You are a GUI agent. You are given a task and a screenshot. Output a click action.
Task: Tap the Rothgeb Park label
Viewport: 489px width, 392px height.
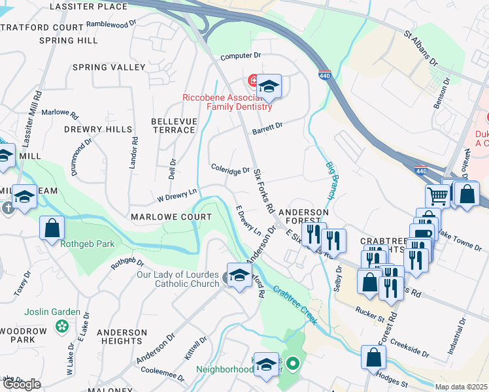88,244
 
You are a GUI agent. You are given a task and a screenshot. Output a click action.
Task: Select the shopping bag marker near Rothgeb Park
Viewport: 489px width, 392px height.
52,229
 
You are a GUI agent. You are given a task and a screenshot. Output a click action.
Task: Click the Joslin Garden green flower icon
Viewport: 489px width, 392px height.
62,325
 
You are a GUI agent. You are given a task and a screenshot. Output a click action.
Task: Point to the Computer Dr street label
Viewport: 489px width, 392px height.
241,57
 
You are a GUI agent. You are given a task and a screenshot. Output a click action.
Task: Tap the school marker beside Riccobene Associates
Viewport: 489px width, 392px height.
268,86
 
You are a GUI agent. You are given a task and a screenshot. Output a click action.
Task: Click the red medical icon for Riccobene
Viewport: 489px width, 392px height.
252,81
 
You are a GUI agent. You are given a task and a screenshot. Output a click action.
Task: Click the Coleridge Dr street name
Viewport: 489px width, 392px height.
230,170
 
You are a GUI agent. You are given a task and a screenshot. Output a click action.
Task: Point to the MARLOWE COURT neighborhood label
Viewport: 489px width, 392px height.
171,217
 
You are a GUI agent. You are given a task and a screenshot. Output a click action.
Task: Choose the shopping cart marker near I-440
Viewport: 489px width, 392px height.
437,195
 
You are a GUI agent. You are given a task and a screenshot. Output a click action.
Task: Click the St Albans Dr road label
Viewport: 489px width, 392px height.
420,47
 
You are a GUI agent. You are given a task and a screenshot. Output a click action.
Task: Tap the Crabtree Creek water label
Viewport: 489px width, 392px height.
295,305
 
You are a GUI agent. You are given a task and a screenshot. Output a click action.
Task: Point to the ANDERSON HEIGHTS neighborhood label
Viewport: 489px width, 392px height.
122,336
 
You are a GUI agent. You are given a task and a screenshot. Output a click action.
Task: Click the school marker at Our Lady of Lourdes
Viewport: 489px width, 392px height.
239,275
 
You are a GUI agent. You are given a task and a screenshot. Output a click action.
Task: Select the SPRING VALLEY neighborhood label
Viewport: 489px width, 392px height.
109,67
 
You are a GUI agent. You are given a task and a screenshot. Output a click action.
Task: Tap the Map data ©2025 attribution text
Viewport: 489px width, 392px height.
462,387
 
